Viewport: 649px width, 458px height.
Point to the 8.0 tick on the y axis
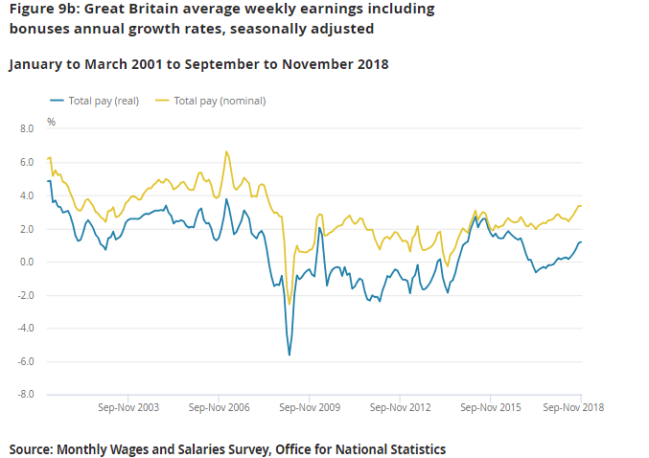point(26,128)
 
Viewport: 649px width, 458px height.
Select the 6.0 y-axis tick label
point(26,163)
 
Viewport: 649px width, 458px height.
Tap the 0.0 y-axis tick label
point(26,262)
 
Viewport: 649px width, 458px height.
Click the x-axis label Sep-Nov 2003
point(129,407)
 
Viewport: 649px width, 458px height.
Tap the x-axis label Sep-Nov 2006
point(220,407)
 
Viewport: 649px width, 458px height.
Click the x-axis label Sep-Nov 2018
point(574,407)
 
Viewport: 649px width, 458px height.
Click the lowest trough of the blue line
point(290,355)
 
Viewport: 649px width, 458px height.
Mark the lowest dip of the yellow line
point(289,305)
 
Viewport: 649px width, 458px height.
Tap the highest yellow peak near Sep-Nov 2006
point(226,151)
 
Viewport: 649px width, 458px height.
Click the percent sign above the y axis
point(52,123)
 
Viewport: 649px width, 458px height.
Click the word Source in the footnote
point(31,448)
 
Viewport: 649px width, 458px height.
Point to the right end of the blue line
point(582,241)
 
